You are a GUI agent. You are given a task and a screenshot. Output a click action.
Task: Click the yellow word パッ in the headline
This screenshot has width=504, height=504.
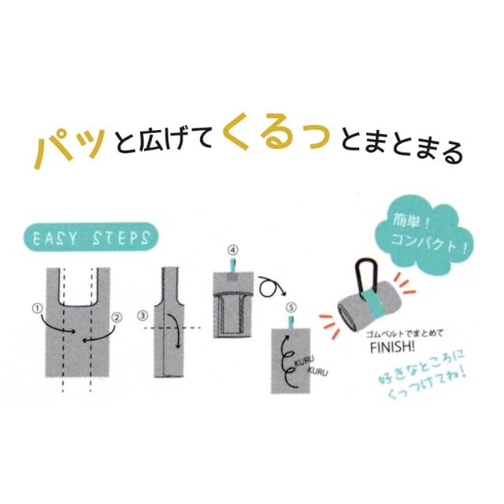tap(70, 148)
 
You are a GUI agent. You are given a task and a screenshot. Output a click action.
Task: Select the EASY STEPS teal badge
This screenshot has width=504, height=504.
tap(91, 237)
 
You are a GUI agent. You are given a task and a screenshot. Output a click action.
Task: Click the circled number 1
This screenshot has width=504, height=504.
tap(38, 309)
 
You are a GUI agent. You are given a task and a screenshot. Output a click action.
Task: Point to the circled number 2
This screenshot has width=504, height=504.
tap(117, 317)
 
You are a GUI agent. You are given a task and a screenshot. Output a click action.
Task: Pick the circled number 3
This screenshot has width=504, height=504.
tap(143, 316)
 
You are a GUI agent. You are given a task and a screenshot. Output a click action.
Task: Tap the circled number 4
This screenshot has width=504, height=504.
tap(232, 250)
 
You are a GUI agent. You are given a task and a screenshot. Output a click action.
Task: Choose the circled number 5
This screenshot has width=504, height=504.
tap(291, 308)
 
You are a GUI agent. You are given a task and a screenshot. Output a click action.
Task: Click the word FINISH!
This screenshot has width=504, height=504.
tap(392, 347)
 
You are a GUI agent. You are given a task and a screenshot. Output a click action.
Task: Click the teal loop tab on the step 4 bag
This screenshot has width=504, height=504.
tap(232, 265)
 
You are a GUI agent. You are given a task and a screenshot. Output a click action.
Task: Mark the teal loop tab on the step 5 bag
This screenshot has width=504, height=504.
tap(291, 322)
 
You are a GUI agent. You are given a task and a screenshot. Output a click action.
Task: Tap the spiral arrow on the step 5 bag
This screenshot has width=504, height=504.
tap(285, 360)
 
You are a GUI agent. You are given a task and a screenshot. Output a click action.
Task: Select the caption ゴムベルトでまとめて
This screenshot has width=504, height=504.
tap(404, 333)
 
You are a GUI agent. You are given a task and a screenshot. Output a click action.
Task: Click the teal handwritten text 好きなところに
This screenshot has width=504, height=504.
tap(421, 367)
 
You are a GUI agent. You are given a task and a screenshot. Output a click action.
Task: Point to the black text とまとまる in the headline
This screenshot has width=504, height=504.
tap(402, 146)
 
